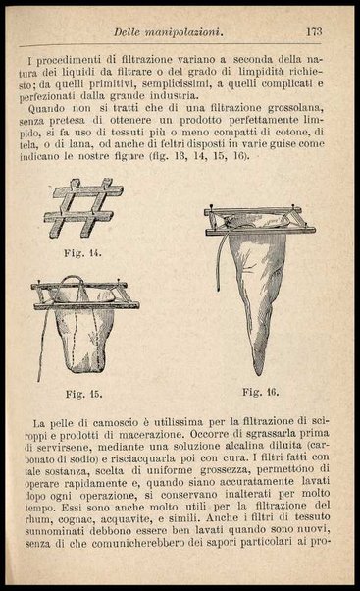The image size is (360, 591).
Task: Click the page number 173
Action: click(x=314, y=32)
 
